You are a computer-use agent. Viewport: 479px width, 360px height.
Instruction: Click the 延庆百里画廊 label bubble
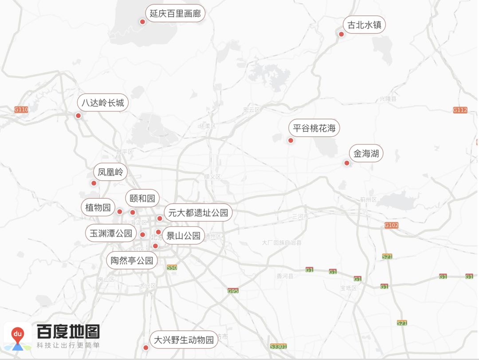(x=175, y=14)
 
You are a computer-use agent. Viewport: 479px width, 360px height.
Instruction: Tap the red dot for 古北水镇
(x=342, y=34)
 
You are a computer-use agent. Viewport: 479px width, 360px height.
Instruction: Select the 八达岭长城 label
(x=103, y=103)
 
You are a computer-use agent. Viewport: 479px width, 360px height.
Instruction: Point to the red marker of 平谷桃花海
(x=291, y=140)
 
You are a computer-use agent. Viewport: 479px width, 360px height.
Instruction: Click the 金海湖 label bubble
(x=366, y=154)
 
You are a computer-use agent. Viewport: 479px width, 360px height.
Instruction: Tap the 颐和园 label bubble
(x=142, y=198)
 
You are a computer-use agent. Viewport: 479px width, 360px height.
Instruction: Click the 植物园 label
(x=98, y=207)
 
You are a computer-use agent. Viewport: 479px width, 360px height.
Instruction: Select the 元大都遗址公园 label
(x=198, y=213)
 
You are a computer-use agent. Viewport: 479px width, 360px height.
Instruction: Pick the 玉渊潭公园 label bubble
(x=111, y=233)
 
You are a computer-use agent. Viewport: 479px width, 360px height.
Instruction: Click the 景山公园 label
(x=183, y=235)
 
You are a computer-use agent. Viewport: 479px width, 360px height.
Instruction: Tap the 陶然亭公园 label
(x=132, y=260)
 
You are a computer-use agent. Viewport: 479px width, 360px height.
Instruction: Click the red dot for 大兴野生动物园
(x=145, y=348)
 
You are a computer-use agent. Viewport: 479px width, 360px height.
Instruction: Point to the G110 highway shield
(x=21, y=109)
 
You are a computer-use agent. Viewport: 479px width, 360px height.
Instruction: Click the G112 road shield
(x=460, y=110)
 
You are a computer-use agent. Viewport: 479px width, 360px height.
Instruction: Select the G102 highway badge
(x=391, y=225)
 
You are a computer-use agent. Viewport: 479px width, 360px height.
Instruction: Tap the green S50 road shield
(x=172, y=267)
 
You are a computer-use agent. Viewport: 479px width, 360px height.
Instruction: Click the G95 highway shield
(x=233, y=291)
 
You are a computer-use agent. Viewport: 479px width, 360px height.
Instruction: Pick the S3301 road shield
(x=279, y=346)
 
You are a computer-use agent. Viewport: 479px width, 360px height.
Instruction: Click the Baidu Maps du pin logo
(x=18, y=336)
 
